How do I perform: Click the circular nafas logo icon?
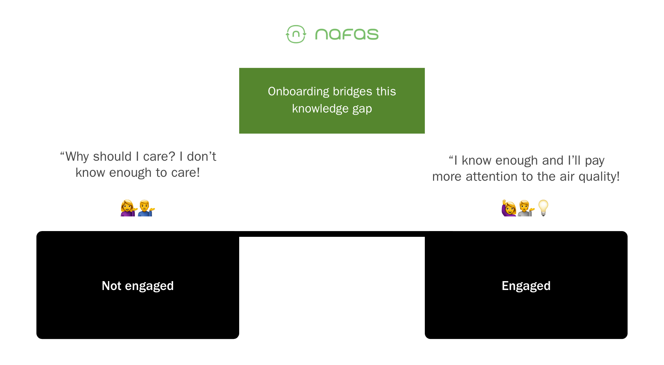[x=296, y=34]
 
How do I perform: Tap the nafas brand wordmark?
[x=347, y=34]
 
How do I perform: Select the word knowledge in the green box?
[x=320, y=109]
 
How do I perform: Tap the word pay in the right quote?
[x=595, y=161]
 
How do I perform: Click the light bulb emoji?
[x=543, y=208]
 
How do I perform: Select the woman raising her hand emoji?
[x=509, y=208]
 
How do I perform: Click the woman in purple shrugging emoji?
[x=129, y=208]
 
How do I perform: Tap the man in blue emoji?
[x=146, y=208]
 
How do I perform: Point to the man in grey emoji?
[x=526, y=208]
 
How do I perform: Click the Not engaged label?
[x=138, y=286]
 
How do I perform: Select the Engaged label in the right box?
[x=526, y=286]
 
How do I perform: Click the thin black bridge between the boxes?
[x=332, y=234]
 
